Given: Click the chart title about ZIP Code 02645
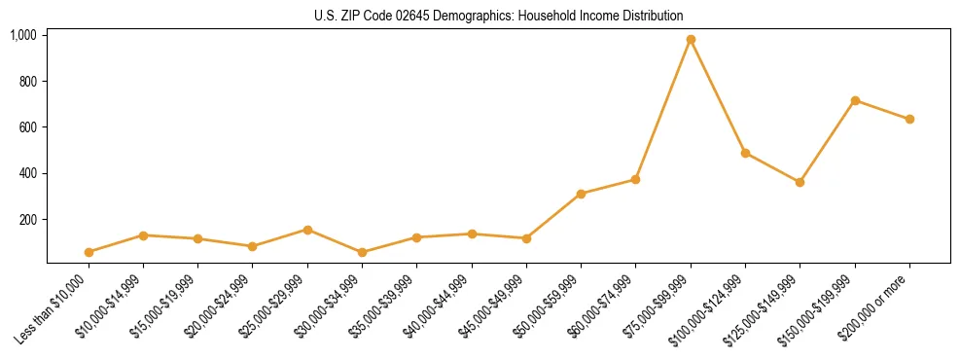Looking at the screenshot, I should [x=499, y=17].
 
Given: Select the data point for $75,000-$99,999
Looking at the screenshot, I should [x=691, y=40].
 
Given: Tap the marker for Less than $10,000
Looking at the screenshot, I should [x=89, y=252].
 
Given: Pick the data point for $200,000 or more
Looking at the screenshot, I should [x=909, y=120].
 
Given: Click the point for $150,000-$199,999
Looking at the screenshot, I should [x=855, y=100].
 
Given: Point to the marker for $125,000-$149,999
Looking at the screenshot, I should [x=800, y=182].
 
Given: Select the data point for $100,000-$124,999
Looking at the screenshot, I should [x=745, y=153].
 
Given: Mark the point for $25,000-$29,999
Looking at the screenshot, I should [x=307, y=230].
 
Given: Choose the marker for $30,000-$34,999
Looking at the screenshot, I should [x=362, y=252].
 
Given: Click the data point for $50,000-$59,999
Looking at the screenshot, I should [x=581, y=194].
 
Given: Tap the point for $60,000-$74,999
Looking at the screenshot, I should [x=635, y=179].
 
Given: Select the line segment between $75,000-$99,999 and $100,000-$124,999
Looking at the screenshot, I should [x=718, y=96].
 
